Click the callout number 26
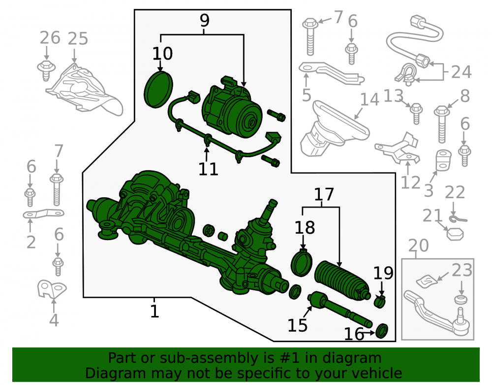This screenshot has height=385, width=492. coord(50,38)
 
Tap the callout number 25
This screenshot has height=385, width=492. coord(78,38)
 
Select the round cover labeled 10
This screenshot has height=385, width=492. coord(158,90)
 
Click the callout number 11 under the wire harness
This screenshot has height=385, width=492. coord(208,170)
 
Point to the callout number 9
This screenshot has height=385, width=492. coord(204,21)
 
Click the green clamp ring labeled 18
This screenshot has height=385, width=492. coord(302,263)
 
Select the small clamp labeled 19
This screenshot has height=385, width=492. coord(380,302)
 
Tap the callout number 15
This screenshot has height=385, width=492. coord(298,325)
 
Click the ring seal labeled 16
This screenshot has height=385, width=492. coord(382,331)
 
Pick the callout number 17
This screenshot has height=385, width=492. coord(324,195)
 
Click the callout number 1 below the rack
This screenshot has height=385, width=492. coord(154,312)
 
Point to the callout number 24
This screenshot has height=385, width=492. coord(461,72)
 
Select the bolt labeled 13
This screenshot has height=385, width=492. coord(416,114)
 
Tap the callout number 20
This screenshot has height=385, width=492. coord(419,246)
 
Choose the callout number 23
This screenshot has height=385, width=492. coord(462,270)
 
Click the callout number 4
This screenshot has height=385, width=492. coord(54,320)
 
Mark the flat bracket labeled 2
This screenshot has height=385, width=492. coord(44,214)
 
